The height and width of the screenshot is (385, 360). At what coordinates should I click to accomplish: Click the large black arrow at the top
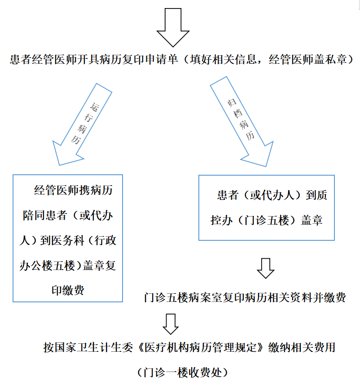pos(173,27)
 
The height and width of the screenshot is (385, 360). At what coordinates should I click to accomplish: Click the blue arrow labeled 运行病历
pos(82,124)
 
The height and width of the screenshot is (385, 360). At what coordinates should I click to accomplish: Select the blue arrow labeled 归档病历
pos(241,122)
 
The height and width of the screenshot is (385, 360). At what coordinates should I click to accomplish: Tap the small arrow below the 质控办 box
pos(266,268)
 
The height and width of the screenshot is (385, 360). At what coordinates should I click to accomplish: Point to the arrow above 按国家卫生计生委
pos(171,324)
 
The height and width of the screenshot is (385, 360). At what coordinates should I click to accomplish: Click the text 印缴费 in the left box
pos(68,290)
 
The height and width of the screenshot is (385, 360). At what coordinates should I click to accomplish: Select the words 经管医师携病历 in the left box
pos(73,190)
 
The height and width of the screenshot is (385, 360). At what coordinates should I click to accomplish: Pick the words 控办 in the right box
pos(221,220)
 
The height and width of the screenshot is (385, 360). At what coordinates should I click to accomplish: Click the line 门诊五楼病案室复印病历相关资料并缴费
pos(245,297)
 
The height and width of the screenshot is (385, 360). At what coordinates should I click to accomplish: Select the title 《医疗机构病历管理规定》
pos(201,347)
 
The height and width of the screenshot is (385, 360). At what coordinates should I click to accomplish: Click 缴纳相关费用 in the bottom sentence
pos(302,347)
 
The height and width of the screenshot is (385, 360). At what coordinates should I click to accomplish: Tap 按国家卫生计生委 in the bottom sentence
pos(88,347)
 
